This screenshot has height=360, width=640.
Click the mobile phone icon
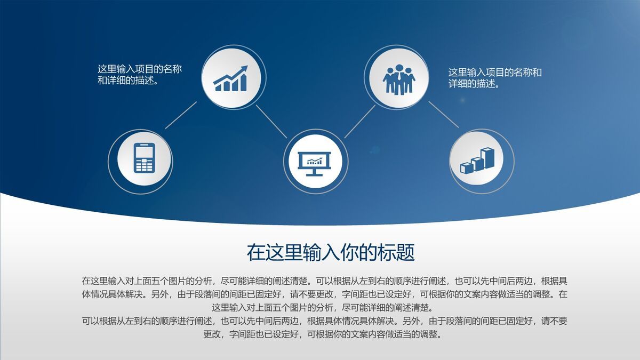144,158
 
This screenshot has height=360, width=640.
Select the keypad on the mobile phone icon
144,165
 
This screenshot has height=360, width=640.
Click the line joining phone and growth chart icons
181,115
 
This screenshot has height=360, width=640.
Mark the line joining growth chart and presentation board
271,121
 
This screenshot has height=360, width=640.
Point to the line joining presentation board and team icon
359,121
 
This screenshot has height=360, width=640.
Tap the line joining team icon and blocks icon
443,114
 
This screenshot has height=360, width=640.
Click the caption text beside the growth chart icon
140,75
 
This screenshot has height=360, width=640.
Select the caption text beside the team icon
495,78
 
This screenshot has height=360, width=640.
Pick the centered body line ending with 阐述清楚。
319,308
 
